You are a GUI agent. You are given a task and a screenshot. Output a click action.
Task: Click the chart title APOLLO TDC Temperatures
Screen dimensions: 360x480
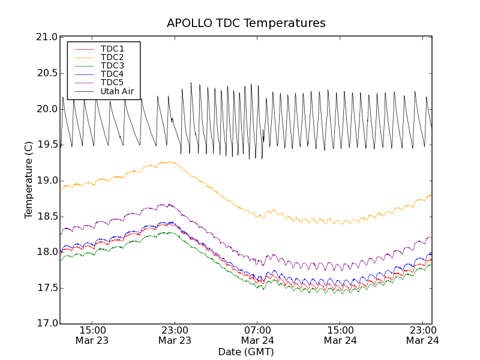tap(246, 23)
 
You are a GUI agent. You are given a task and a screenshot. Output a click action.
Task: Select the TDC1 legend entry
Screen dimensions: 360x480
tap(112, 49)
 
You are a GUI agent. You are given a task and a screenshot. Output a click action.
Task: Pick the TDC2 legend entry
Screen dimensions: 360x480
tap(112, 57)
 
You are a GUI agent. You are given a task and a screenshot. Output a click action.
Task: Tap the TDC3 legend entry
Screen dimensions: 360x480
tap(112, 65)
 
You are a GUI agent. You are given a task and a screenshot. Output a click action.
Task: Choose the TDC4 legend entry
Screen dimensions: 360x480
tap(112, 74)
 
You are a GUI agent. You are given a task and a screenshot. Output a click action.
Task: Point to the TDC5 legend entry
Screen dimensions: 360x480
tap(112, 82)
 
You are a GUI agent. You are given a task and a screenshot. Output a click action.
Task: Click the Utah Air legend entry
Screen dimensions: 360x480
tap(116, 91)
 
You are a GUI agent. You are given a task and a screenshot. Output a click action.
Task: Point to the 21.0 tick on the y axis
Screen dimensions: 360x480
tap(47, 37)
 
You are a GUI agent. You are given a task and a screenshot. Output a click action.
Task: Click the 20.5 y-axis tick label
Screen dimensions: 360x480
tap(47, 73)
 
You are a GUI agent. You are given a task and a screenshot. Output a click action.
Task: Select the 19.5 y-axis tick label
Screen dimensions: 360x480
tap(47, 145)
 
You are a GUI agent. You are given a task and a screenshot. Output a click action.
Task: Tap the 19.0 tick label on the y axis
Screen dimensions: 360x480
tap(47, 181)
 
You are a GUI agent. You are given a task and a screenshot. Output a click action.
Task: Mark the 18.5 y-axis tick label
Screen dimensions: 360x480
tap(47, 216)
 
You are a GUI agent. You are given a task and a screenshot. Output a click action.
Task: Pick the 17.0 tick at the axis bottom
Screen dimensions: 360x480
tap(47, 323)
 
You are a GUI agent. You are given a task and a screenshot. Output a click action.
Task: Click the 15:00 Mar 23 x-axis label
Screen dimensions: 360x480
tap(92, 335)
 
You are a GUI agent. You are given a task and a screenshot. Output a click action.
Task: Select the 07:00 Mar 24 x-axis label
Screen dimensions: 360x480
tap(257, 335)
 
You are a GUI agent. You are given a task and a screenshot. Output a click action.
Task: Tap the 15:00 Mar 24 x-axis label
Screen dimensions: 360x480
tap(340, 335)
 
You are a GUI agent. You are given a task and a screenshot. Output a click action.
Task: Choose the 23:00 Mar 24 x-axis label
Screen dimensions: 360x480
tap(423, 335)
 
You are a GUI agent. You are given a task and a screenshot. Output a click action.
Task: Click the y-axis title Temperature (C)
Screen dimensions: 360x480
tap(29, 180)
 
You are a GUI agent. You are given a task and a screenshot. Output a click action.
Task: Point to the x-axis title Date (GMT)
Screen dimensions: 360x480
tap(246, 352)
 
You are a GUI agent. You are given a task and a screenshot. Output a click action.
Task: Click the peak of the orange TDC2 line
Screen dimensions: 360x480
tap(169, 161)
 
